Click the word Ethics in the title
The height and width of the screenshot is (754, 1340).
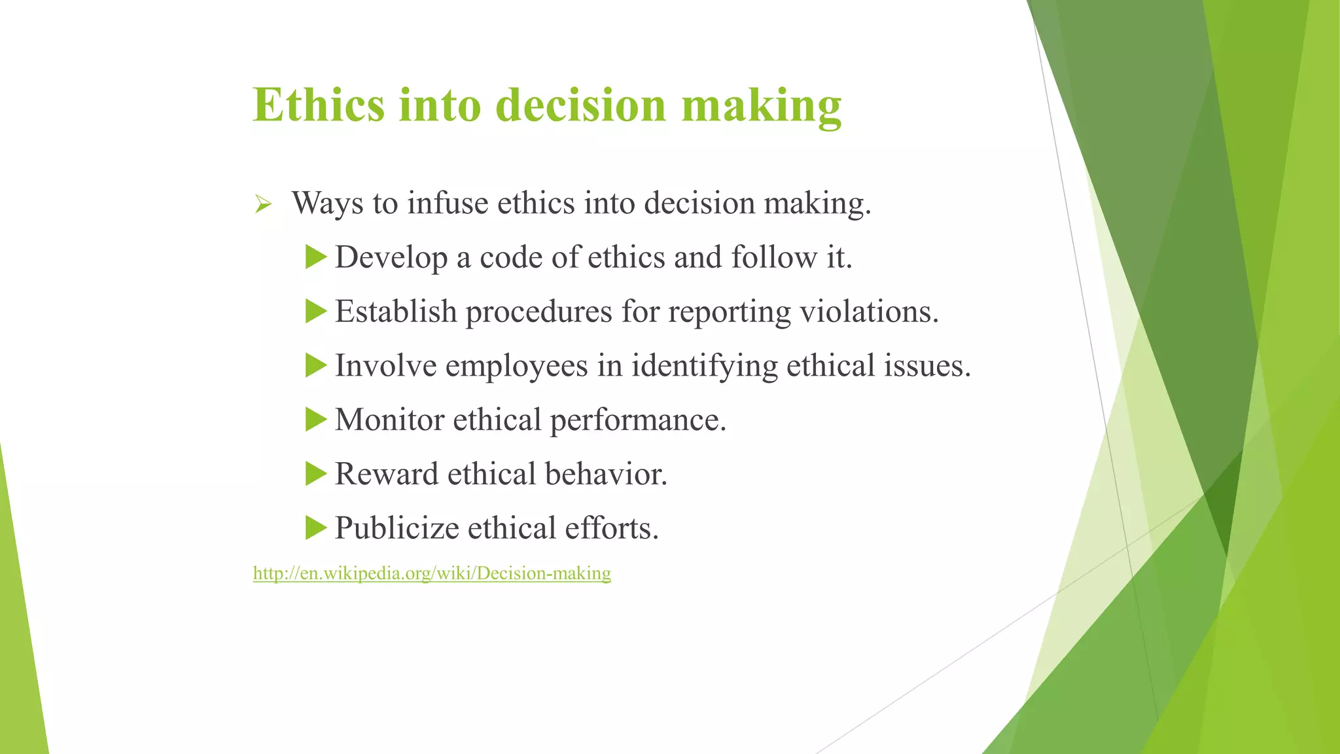point(319,105)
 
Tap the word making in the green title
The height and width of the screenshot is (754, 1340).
point(761,106)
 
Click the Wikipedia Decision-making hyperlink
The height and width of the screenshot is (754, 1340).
point(432,573)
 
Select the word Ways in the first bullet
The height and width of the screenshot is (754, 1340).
point(327,203)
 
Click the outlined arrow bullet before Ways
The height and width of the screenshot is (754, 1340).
point(263,205)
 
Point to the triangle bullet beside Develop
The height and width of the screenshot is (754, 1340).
point(315,257)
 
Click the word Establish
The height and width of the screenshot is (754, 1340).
point(396,312)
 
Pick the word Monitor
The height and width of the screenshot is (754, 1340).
point(389,420)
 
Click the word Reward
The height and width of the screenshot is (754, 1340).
point(387,475)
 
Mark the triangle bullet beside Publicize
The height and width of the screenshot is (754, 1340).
point(315,528)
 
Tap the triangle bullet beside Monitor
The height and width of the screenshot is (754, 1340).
point(315,419)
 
